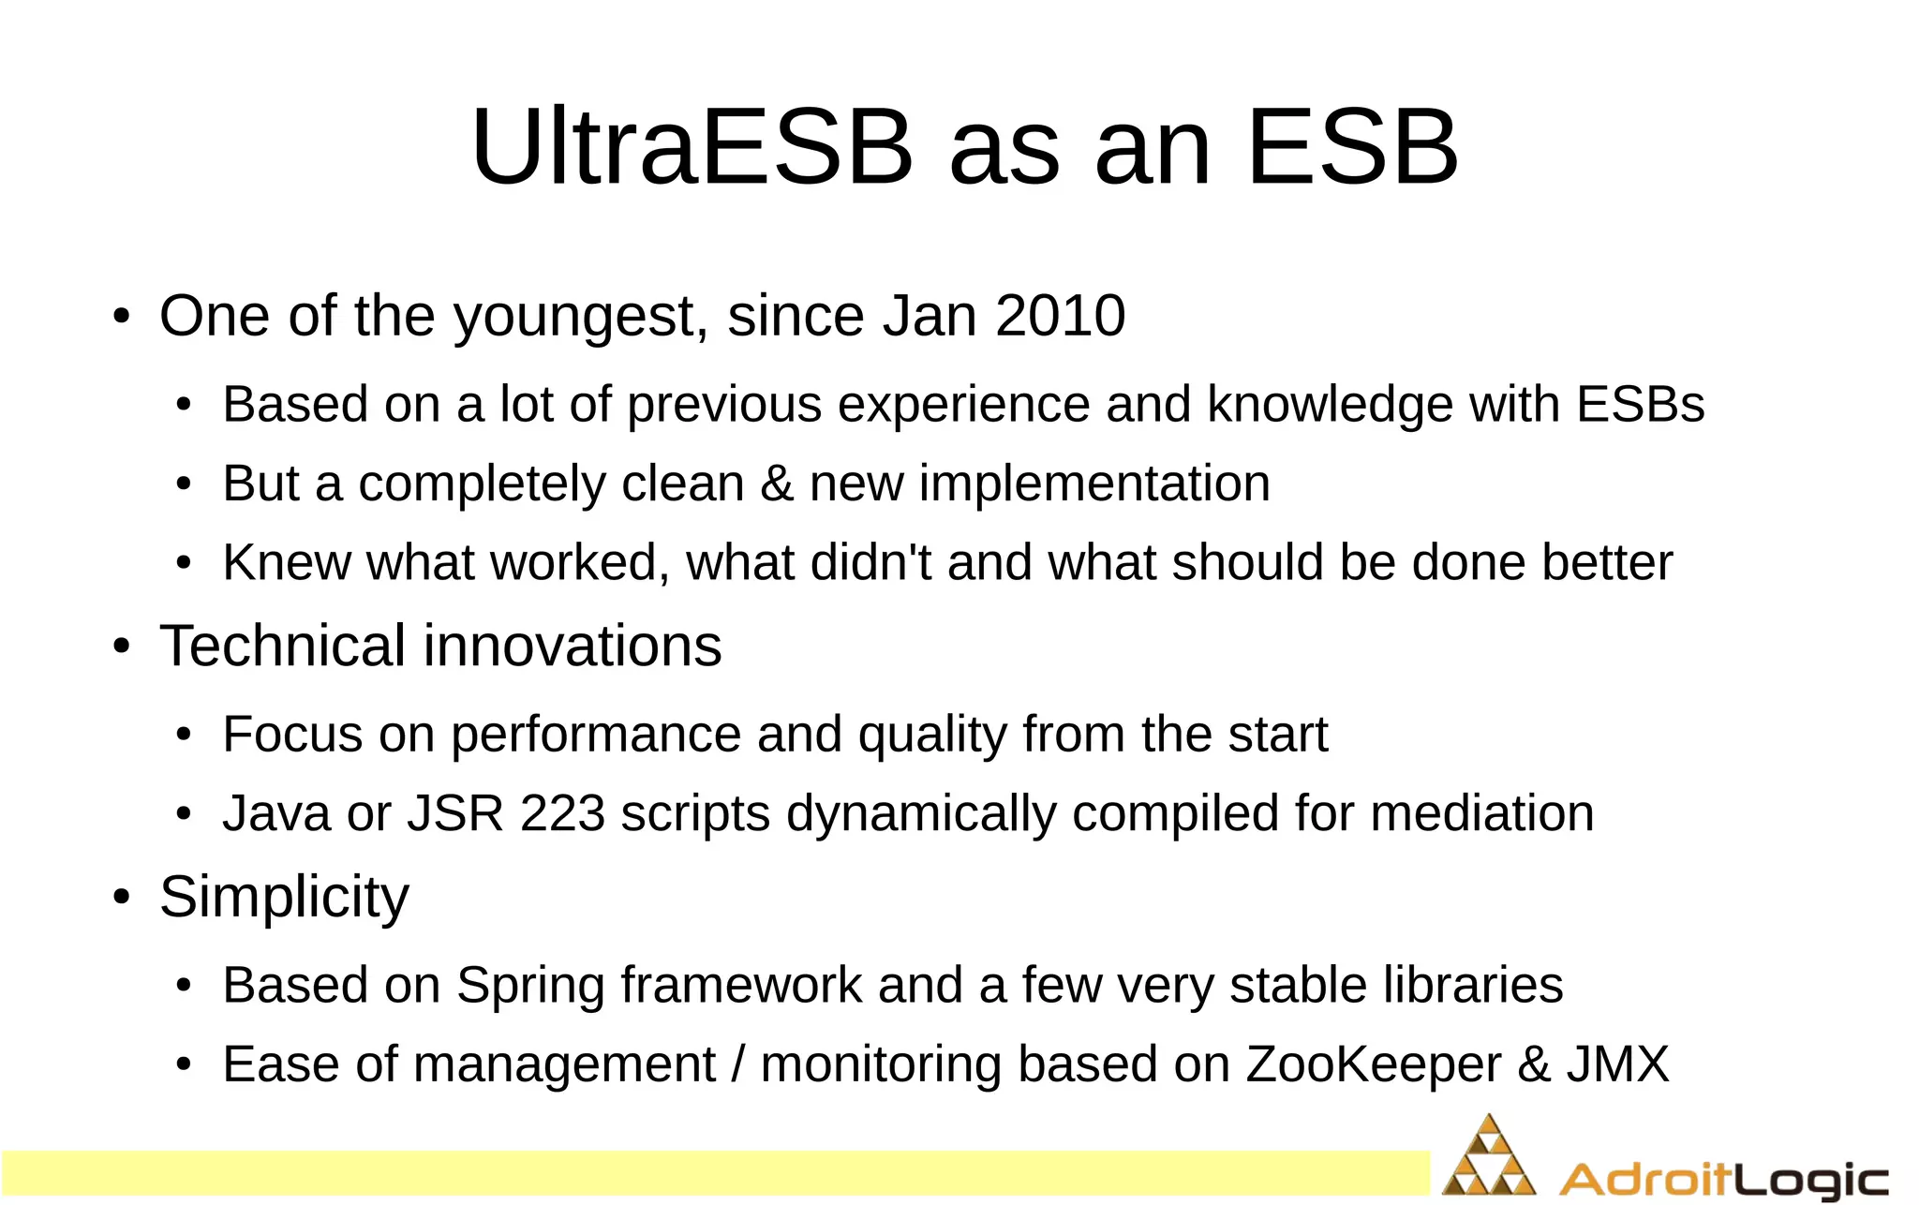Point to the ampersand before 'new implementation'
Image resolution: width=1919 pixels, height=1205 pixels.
tap(777, 484)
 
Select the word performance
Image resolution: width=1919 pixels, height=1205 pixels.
tap(596, 735)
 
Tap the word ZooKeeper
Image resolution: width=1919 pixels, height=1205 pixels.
tap(1374, 1065)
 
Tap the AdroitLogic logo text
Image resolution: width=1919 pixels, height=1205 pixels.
tap(1723, 1180)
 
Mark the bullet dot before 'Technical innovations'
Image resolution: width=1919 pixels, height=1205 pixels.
tap(121, 647)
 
